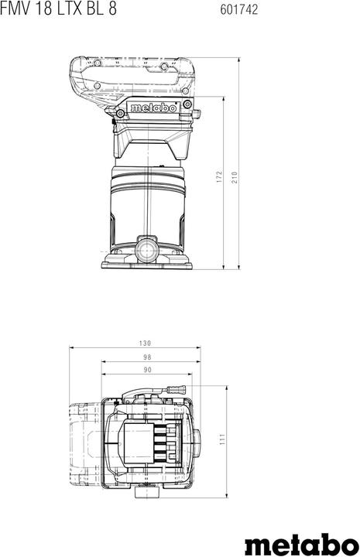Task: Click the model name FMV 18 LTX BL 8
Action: click(x=58, y=9)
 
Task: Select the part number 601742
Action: click(x=238, y=9)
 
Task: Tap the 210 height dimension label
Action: click(x=235, y=177)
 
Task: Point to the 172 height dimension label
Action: click(x=219, y=177)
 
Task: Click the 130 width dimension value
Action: click(x=145, y=343)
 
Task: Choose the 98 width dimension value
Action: click(x=147, y=357)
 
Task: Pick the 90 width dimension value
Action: click(x=147, y=370)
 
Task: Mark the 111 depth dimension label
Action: click(x=222, y=439)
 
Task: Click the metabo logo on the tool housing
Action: click(x=153, y=108)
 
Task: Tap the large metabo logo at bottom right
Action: click(x=302, y=543)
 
